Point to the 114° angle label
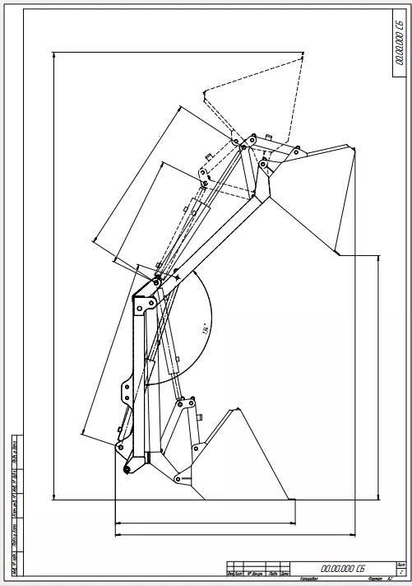(x=201, y=331)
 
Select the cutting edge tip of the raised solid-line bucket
(x=338, y=253)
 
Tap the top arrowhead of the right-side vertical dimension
(x=378, y=256)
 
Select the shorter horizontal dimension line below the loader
(x=206, y=522)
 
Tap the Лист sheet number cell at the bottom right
(x=400, y=568)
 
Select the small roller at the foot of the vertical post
(x=127, y=470)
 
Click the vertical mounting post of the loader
(x=138, y=370)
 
